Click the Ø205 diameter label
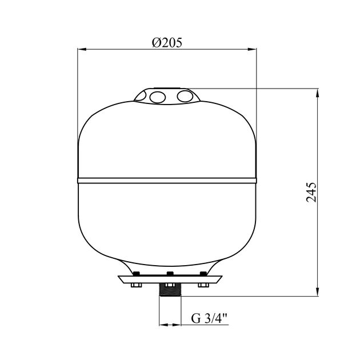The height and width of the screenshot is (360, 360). click(x=167, y=42)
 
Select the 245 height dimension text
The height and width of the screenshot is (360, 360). click(x=311, y=193)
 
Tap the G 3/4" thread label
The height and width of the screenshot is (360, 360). click(x=209, y=318)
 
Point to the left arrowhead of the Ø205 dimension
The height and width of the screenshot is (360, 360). click(x=82, y=49)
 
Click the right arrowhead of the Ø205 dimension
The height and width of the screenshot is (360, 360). click(x=252, y=49)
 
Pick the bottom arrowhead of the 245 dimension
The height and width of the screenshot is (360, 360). click(x=318, y=291)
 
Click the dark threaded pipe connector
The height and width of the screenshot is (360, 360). click(x=170, y=290)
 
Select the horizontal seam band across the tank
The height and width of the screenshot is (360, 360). click(x=167, y=180)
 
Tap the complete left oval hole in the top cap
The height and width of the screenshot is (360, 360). click(x=158, y=97)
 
